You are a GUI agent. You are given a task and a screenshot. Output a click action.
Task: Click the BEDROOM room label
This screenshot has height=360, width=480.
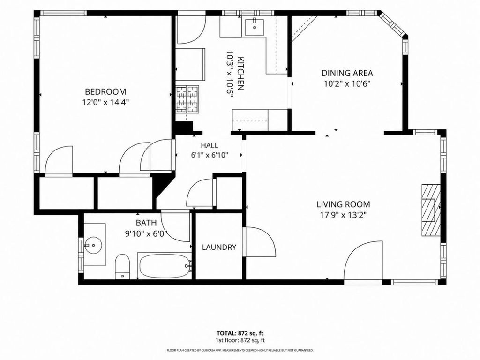click(105, 91)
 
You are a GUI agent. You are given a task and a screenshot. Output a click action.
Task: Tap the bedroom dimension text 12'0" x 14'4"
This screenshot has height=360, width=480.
click(105, 102)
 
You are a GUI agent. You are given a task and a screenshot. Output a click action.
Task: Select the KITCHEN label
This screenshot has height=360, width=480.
click(240, 74)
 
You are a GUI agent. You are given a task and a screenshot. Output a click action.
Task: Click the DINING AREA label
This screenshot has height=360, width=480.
click(347, 73)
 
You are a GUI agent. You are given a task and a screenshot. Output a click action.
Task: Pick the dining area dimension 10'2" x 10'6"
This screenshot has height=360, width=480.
click(347, 84)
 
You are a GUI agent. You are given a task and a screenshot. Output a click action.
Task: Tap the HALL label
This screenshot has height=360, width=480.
click(210, 145)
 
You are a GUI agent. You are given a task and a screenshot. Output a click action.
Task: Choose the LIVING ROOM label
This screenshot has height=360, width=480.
click(343, 204)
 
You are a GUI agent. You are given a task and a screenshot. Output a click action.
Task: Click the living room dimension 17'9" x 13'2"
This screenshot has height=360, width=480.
click(343, 215)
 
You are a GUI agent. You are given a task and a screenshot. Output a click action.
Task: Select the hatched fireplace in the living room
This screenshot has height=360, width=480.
click(431, 210)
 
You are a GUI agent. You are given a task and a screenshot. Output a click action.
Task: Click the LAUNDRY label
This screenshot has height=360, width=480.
click(219, 247)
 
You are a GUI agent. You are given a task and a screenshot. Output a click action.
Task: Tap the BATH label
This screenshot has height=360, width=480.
click(146, 223)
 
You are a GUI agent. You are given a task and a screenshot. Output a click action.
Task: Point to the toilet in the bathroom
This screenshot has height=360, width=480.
click(123, 266)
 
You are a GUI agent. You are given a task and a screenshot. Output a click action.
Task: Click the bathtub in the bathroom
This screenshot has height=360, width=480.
click(165, 265)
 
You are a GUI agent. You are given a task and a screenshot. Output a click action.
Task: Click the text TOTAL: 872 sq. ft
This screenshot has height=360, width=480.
click(240, 333)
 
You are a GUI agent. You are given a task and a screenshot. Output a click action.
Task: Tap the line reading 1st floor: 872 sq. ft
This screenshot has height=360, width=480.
click(240, 340)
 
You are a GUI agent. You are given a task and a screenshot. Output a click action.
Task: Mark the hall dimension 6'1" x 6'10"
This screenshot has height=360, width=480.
click(210, 155)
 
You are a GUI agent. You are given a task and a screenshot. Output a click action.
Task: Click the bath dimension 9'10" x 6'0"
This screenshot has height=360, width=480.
click(146, 234)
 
